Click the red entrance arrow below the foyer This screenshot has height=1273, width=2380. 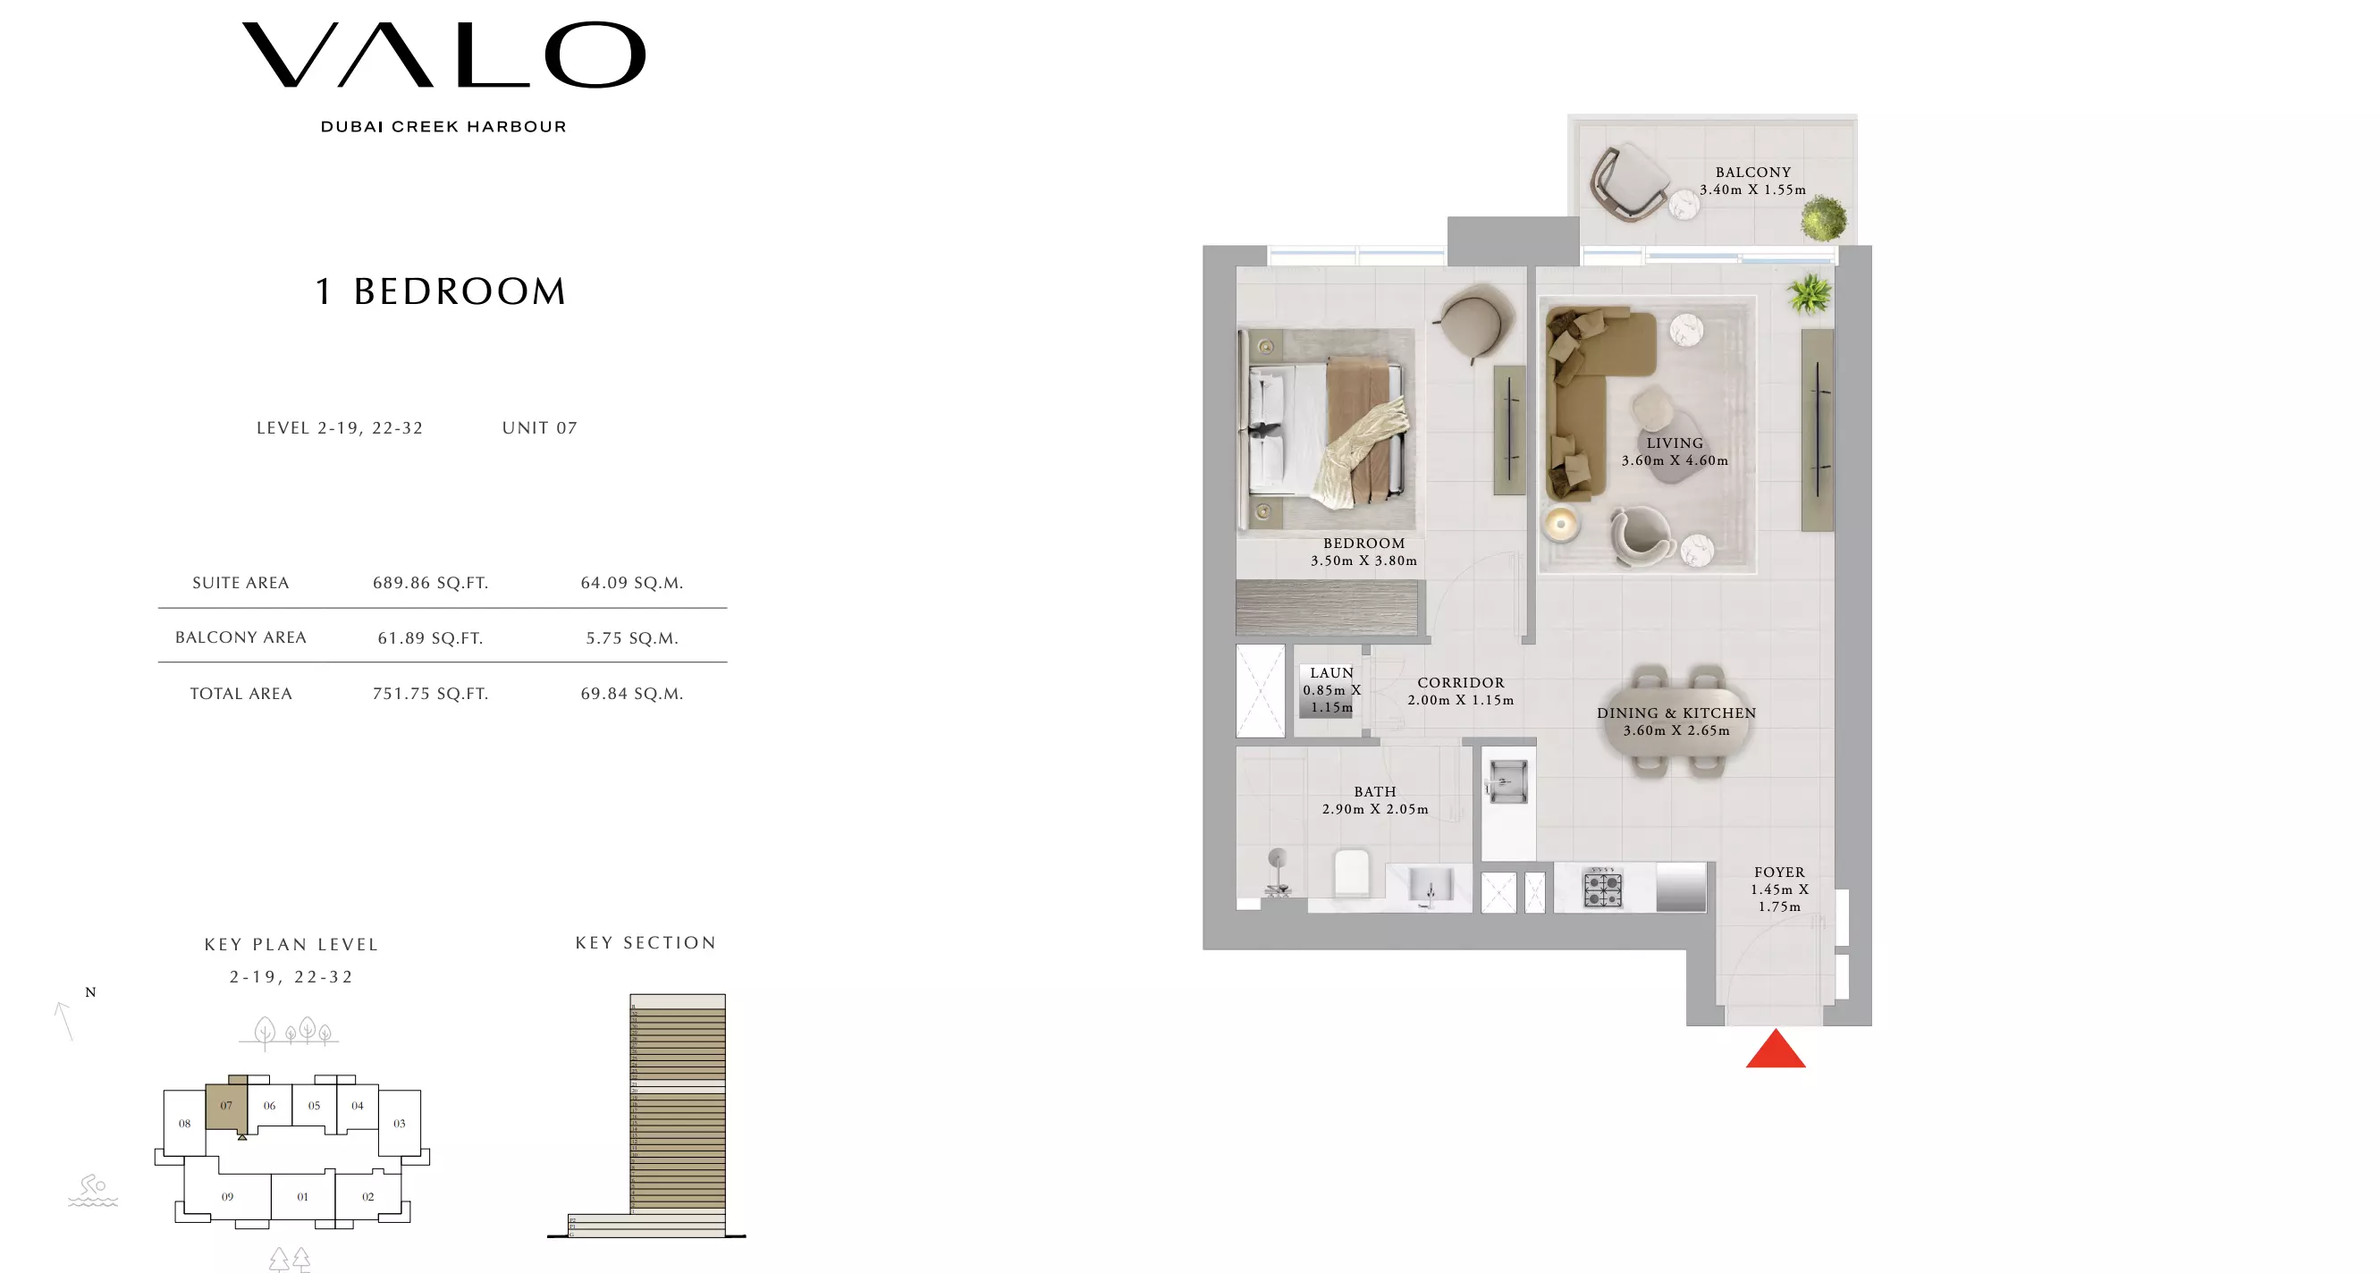[1775, 1050]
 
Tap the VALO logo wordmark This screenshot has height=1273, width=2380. [443, 55]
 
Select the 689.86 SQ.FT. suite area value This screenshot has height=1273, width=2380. [431, 583]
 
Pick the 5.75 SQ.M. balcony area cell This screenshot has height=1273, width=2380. [632, 638]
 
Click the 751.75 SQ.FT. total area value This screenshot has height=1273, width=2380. [431, 694]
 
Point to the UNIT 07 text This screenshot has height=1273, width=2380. [539, 427]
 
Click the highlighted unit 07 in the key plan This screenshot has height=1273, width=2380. [226, 1105]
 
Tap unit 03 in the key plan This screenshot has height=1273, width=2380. [399, 1124]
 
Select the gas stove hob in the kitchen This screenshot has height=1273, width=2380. [1602, 889]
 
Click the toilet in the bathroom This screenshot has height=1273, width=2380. [1351, 873]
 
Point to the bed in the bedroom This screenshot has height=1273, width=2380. [1327, 431]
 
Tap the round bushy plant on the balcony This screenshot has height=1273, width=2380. [1823, 219]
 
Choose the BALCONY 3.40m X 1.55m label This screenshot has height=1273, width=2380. [1752, 181]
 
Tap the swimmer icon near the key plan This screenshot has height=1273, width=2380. [93, 1190]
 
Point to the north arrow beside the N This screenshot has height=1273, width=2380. [63, 1021]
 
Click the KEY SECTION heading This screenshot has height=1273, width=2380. [646, 942]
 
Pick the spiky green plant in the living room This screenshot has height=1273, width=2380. [1809, 295]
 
